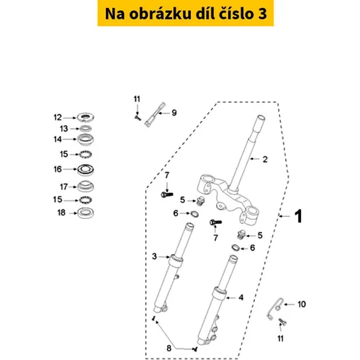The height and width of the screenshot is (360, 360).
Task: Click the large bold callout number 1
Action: click(299, 216)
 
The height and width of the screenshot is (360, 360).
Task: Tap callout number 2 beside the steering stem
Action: click(265, 159)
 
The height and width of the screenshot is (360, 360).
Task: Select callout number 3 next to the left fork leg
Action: click(155, 256)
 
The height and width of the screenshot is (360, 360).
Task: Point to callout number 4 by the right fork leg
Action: click(241, 297)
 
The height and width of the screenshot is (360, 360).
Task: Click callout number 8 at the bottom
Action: click(169, 348)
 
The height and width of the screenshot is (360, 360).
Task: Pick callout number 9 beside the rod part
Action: click(174, 113)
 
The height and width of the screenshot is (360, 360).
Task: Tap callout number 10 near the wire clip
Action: click(302, 305)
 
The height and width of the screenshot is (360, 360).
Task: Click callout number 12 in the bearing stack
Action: click(58, 117)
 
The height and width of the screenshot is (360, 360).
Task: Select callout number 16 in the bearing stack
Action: click(58, 169)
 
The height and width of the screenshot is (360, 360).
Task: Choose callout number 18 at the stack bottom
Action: click(61, 212)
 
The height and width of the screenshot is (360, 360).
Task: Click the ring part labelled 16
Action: click(86, 170)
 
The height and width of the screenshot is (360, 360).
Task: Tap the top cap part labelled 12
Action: click(85, 117)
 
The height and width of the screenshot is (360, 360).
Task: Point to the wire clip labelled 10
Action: click(275, 309)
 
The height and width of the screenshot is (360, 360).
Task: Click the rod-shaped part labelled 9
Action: click(155, 114)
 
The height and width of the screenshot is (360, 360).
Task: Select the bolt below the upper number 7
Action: click(167, 194)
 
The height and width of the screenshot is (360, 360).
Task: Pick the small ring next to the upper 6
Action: click(194, 214)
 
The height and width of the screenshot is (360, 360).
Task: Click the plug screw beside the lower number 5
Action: click(241, 235)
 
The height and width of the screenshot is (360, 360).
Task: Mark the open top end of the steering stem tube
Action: click(261, 118)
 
